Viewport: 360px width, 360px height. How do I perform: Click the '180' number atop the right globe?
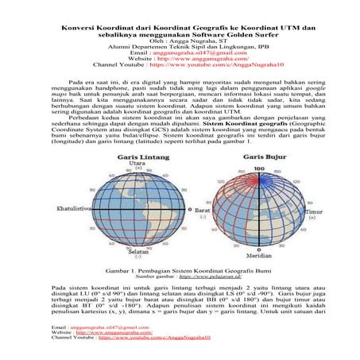pos(257,169)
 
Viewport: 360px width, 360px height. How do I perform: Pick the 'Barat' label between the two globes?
pos(207,209)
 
